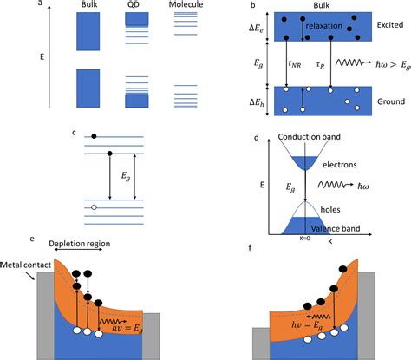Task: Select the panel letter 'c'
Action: coord(75,133)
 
